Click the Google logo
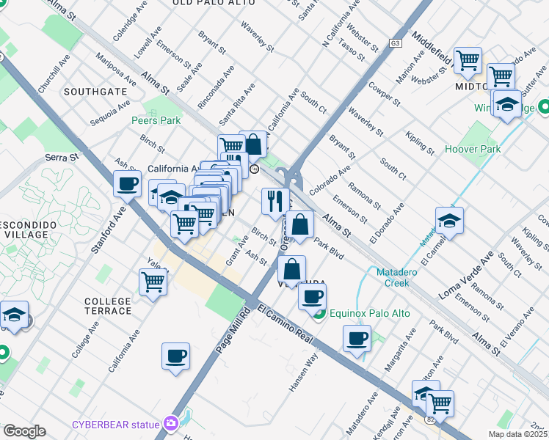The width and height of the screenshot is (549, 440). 24,430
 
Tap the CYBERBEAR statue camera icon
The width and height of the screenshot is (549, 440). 172,423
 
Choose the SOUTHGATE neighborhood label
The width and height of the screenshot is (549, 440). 95,92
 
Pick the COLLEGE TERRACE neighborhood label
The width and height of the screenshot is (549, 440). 108,306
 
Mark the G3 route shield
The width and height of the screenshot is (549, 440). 396,43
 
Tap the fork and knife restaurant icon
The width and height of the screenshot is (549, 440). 275,200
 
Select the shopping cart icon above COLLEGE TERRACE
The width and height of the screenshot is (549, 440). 153,281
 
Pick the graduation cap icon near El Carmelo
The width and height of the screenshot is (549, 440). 449,220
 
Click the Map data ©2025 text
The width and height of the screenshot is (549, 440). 518,433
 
